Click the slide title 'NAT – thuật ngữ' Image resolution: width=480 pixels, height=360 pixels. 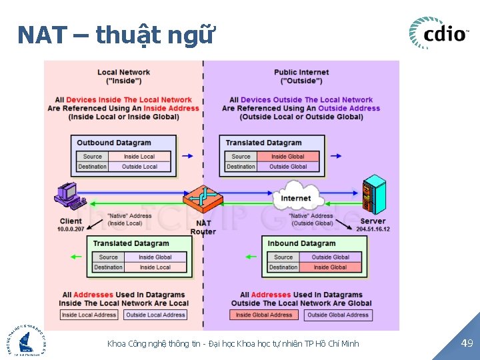coord(116,34)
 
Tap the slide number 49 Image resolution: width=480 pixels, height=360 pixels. coord(467,343)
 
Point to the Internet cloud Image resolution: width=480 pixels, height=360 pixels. coord(295,197)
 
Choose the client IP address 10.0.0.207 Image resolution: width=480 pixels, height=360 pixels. coord(71,229)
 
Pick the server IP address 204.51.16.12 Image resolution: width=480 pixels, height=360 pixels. coord(373,229)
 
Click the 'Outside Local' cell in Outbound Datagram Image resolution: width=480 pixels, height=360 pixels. coord(139,166)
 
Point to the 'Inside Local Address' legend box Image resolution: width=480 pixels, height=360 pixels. coord(89,315)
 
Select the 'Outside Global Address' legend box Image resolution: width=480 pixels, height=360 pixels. coord(337,315)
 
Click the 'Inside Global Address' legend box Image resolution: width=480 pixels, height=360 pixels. coord(264,315)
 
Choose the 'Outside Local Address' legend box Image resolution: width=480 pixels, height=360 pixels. coord(155,315)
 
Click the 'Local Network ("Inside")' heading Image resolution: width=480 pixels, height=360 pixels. coord(123,77)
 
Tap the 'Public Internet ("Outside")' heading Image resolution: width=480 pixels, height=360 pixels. coord(301,77)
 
